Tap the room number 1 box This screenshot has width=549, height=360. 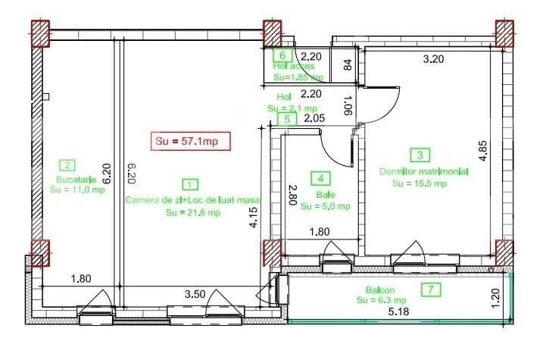click(191, 184)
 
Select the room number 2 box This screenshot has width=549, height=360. click(68, 165)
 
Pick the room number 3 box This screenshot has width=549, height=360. click(419, 155)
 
